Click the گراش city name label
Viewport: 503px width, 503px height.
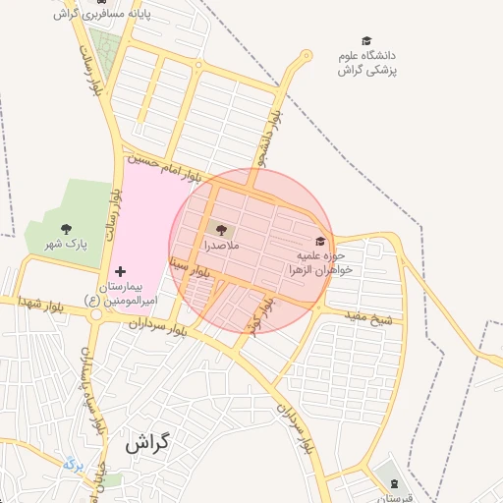click(x=147, y=443)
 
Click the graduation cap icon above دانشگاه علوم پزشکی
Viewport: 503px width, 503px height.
click(x=366, y=41)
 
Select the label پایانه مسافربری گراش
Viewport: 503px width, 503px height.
click(x=92, y=14)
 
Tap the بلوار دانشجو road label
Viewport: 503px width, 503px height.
click(x=262, y=137)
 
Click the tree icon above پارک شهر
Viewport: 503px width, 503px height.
click(x=66, y=229)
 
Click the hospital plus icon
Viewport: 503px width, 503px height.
click(x=120, y=271)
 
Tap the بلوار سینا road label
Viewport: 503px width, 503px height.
click(x=186, y=269)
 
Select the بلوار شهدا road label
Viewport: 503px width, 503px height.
click(x=40, y=306)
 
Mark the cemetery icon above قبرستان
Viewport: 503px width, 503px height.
click(x=394, y=484)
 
